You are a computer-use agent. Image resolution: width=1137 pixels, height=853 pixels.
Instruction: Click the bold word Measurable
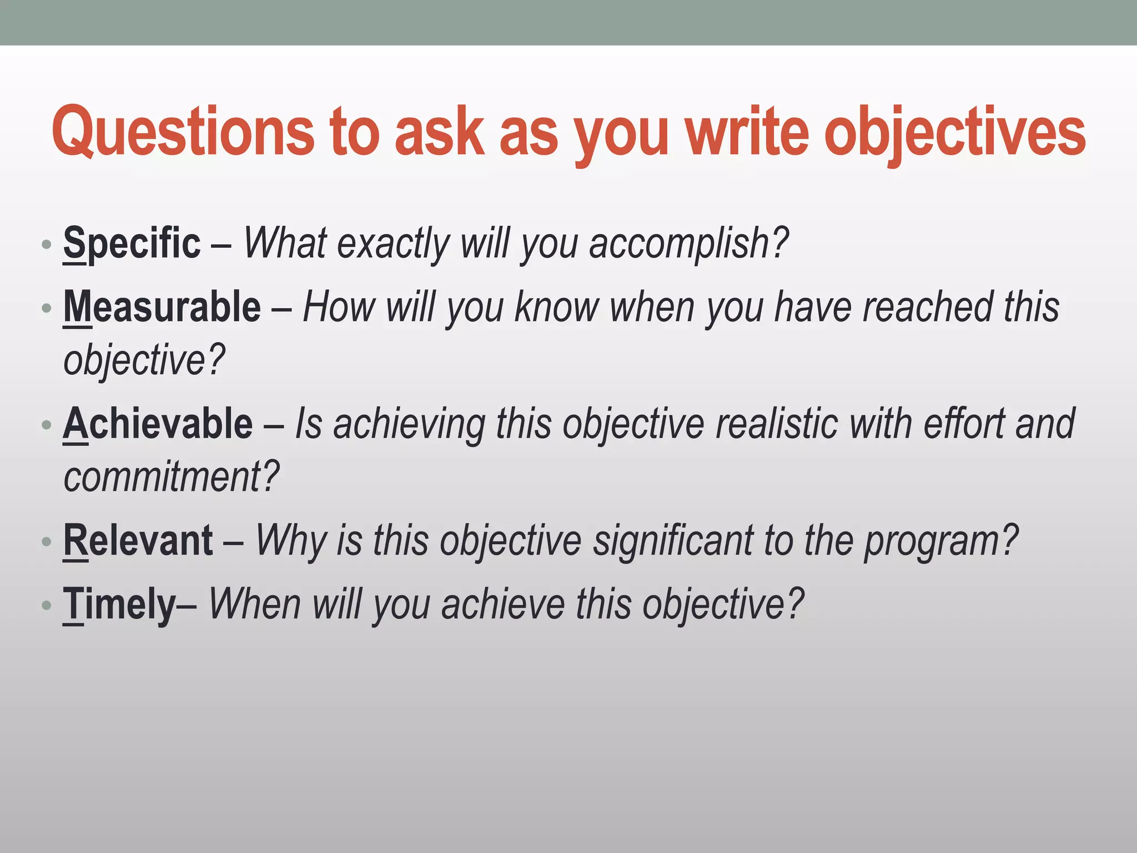pyautogui.click(x=162, y=307)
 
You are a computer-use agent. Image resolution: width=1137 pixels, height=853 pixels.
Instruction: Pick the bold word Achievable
pyautogui.click(x=158, y=424)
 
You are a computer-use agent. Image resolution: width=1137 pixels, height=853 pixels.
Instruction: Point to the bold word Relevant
pyautogui.click(x=138, y=540)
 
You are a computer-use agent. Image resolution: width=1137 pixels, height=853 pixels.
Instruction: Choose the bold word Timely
pyautogui.click(x=119, y=604)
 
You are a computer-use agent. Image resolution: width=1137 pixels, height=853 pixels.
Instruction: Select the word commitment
pyautogui.click(x=171, y=476)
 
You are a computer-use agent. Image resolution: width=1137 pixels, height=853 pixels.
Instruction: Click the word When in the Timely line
pyautogui.click(x=254, y=604)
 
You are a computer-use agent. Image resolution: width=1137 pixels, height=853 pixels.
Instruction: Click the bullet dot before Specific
pyautogui.click(x=47, y=245)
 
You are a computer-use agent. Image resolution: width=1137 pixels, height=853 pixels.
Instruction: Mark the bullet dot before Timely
pyautogui.click(x=47, y=605)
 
